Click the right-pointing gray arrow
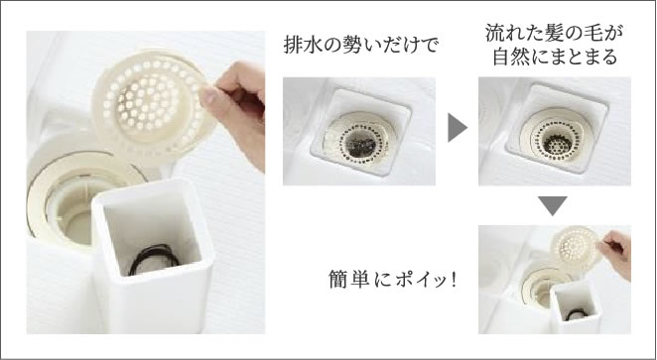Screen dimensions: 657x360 [457, 127]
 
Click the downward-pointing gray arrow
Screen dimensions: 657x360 [553, 205]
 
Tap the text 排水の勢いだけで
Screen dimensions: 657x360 [360, 45]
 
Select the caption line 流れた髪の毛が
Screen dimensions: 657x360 [555, 33]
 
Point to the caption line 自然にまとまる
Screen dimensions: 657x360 [555, 57]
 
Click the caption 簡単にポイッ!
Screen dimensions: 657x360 [392, 280]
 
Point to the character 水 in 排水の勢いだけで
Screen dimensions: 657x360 [313, 45]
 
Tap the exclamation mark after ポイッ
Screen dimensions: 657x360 [453, 280]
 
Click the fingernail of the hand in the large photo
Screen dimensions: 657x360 [207, 96]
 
